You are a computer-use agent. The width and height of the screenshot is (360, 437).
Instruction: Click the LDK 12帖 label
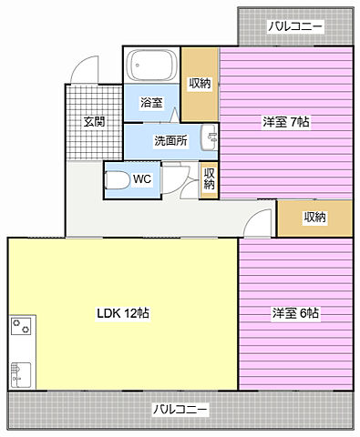tap(123, 313)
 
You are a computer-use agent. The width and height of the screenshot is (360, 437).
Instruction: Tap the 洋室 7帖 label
tap(286, 122)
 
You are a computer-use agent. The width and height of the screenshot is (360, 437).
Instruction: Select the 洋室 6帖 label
tap(295, 313)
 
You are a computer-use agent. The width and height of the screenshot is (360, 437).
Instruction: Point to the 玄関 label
tap(94, 122)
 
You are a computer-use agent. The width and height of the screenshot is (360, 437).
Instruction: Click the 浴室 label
tap(151, 103)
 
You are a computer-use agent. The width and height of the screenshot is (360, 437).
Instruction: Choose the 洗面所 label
tap(170, 141)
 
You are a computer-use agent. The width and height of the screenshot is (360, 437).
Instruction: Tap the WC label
tap(142, 179)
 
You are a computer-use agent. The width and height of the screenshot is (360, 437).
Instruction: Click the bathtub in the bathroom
tap(151, 65)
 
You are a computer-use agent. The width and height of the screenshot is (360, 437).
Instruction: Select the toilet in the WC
tap(116, 180)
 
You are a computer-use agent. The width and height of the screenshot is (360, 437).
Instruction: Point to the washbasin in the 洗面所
tap(210, 137)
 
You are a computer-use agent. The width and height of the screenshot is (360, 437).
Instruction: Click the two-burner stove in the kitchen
tap(21, 325)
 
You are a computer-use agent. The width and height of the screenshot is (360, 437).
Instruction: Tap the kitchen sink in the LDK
tap(21, 374)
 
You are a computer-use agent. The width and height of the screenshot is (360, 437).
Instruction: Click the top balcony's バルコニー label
tap(294, 26)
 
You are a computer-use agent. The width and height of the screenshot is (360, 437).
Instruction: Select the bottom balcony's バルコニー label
tap(180, 410)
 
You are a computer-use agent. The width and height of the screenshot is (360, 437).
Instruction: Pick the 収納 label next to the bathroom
tap(201, 83)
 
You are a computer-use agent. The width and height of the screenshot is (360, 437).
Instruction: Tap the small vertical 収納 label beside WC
tap(209, 179)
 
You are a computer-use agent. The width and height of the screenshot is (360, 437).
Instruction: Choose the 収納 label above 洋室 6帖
tap(315, 217)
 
